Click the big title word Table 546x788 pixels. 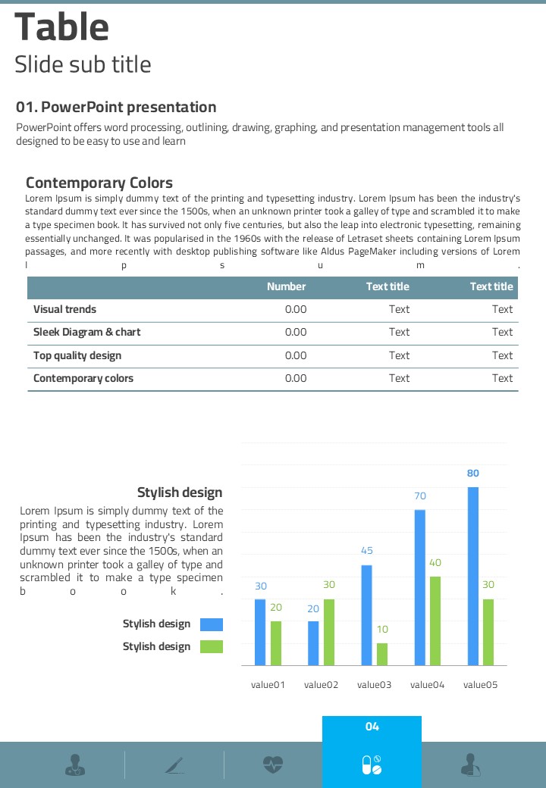[x=62, y=27]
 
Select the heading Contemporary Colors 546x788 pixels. [x=99, y=183]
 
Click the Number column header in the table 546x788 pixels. [x=286, y=286]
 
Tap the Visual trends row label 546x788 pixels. [x=64, y=309]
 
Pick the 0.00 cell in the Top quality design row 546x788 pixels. [x=296, y=355]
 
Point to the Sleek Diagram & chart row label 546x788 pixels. [x=86, y=332]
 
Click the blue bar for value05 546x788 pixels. [x=472, y=576]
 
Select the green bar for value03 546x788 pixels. [x=382, y=654]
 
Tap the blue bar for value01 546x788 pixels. [x=260, y=632]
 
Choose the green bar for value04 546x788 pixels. [x=435, y=621]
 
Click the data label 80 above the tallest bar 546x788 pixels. [x=472, y=474]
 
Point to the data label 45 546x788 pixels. [x=366, y=551]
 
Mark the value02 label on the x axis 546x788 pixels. [x=321, y=685]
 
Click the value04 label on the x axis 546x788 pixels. [x=427, y=685]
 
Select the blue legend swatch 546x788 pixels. [x=212, y=624]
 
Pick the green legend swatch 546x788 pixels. [x=212, y=646]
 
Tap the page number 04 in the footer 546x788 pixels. [x=372, y=727]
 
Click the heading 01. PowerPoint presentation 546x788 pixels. [x=116, y=107]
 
